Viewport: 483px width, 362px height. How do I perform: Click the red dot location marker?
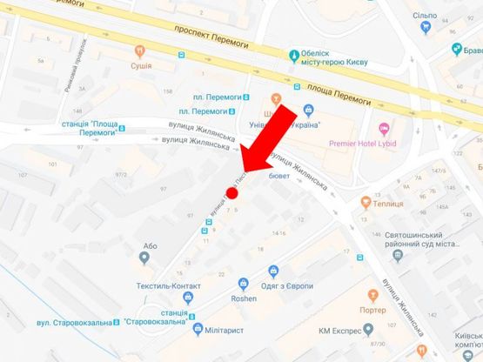tap(231, 192)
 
